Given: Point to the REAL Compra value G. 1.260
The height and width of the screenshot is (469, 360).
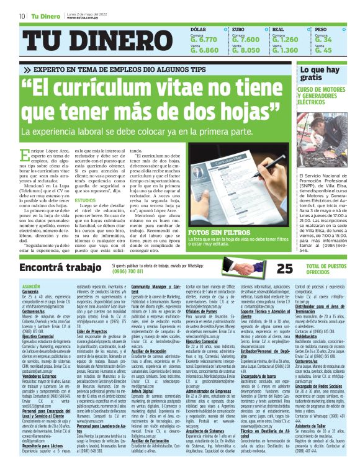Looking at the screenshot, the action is [x=286, y=40].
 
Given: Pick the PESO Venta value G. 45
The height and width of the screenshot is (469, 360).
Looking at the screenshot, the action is [x=323, y=50].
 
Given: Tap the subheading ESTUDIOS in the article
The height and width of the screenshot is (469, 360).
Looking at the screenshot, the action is [x=86, y=200].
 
